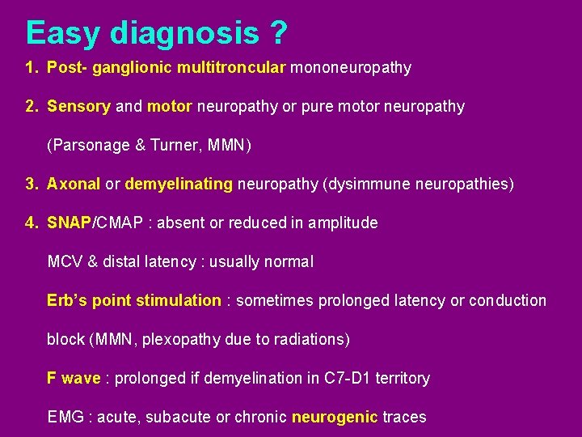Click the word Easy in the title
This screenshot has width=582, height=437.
point(63,33)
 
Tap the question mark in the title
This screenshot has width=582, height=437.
point(278,33)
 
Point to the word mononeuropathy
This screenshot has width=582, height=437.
point(351,67)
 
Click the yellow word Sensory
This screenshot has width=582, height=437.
point(78,106)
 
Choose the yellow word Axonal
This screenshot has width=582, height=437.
point(74,184)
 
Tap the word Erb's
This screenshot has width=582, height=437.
point(67,300)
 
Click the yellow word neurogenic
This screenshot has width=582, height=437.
point(335,417)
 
